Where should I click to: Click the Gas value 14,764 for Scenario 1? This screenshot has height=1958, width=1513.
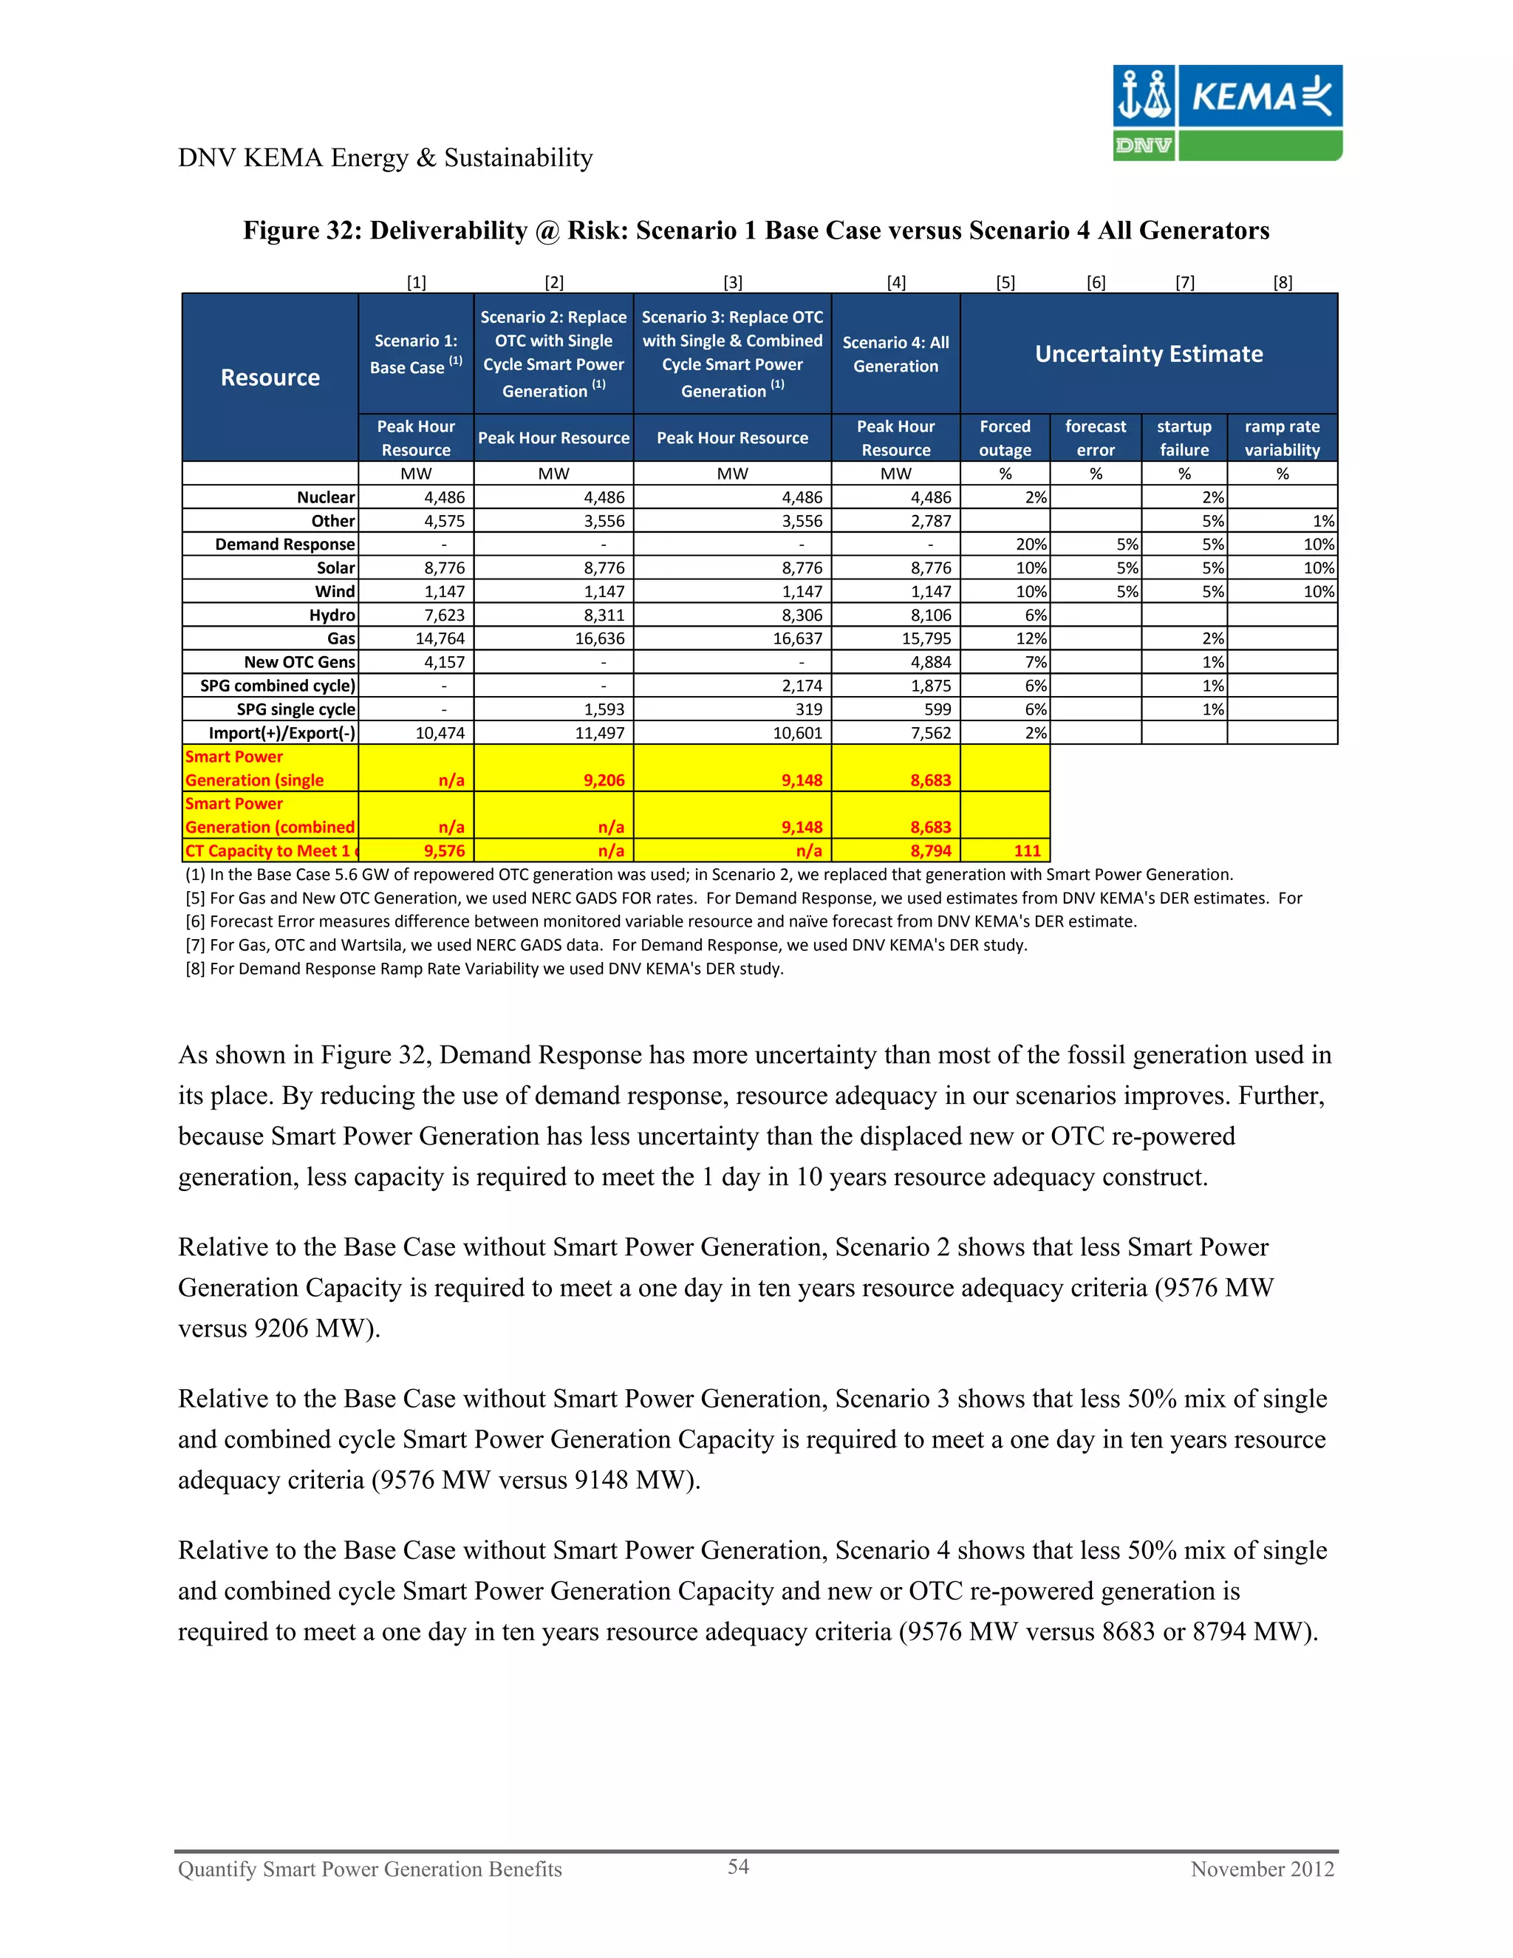440,638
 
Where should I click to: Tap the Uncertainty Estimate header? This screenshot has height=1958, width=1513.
1148,354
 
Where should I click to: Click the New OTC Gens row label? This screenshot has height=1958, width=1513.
299,661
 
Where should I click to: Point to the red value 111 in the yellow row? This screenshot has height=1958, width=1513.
1027,850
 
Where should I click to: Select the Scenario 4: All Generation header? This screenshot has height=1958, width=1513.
895,354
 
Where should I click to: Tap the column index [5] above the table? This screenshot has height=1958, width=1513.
1005,282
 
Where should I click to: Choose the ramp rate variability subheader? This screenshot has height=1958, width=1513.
1282,437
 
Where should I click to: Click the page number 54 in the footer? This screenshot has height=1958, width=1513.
738,1866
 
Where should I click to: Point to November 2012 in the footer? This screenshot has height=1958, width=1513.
1261,1869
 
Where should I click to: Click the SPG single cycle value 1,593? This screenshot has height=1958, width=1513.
604,709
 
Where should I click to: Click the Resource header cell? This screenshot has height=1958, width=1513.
270,378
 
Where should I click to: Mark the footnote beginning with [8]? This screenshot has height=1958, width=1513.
484,968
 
